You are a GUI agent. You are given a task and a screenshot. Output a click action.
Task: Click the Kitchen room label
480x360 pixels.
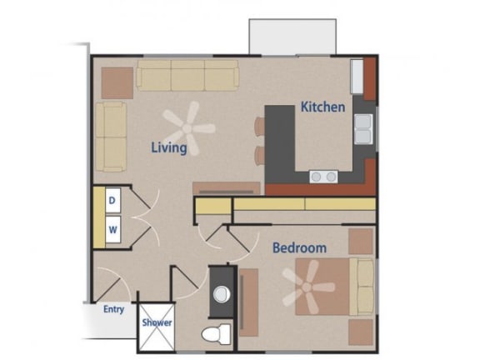tap(322, 107)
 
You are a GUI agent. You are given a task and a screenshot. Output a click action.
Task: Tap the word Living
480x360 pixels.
tap(167, 147)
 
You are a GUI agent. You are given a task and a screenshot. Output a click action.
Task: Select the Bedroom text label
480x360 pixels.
tap(299, 247)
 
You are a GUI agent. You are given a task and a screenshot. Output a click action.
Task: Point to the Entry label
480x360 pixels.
tap(113, 309)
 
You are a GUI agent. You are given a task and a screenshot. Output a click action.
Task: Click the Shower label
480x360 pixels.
tap(157, 322)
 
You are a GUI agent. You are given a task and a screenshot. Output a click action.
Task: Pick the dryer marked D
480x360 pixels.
tap(112, 200)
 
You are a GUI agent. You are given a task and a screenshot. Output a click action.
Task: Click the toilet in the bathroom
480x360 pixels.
tap(214, 333)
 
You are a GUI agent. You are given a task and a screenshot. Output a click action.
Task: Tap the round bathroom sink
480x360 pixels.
tap(221, 293)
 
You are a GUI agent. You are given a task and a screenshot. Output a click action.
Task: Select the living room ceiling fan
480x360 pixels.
tap(188, 127)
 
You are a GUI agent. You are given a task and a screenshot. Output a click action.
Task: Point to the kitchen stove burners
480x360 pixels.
tap(323, 176)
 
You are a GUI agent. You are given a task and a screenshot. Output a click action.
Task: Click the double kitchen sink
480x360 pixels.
tap(363, 129)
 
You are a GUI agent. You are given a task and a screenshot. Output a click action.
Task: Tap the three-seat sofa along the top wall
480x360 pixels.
tap(187, 75)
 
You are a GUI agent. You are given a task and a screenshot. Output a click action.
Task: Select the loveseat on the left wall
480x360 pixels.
tap(110, 136)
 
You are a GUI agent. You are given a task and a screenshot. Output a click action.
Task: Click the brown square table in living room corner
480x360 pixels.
tap(117, 79)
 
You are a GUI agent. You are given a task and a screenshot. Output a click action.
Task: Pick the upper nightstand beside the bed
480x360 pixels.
tap(361, 241)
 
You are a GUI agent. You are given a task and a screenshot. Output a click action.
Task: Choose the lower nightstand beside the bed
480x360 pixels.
tap(361, 331)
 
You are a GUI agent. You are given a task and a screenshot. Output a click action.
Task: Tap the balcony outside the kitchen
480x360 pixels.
tap(292, 35)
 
